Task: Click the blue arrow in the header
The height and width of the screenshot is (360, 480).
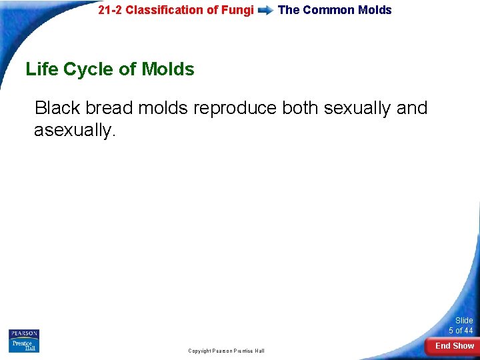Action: pos(265,11)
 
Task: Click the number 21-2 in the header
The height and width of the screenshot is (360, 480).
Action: pos(110,10)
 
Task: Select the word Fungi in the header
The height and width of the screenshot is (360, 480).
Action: pos(239,10)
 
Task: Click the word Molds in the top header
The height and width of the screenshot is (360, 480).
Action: pos(375,10)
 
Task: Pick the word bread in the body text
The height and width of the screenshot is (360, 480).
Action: pos(109,108)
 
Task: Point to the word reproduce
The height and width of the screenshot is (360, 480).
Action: pos(235,108)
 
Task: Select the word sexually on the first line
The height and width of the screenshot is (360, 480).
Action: pos(359,108)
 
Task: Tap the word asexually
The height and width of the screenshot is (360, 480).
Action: pos(75,130)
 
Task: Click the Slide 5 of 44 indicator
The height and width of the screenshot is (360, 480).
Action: pos(461,325)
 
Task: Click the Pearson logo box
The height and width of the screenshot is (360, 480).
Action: pos(24,334)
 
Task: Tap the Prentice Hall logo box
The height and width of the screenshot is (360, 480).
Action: pos(24,346)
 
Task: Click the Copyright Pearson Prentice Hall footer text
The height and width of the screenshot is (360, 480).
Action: pos(226,351)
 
